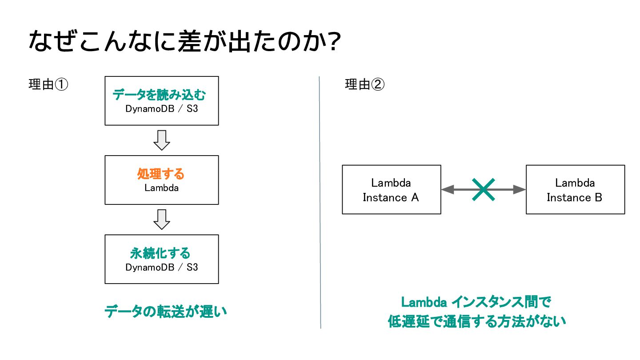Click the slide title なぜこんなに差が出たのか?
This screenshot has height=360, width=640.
click(184, 41)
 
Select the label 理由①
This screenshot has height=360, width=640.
click(48, 84)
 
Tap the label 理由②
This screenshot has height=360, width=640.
click(364, 84)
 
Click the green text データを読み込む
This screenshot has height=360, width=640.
click(159, 95)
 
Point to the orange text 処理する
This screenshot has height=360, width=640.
click(161, 174)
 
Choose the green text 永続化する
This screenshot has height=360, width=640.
click(160, 253)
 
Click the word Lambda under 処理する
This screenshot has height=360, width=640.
click(161, 188)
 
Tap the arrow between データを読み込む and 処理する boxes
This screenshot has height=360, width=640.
click(162, 140)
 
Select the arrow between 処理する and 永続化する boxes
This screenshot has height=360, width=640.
click(162, 220)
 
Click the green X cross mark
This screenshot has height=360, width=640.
click(484, 189)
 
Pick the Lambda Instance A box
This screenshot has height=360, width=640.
click(392, 189)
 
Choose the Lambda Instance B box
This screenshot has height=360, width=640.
click(576, 189)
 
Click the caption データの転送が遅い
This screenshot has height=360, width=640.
click(166, 312)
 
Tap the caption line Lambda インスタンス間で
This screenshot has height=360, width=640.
click(476, 302)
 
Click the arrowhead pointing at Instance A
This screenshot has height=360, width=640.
click(448, 189)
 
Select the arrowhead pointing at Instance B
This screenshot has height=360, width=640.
click(520, 189)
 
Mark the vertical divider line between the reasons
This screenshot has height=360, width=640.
click(320, 202)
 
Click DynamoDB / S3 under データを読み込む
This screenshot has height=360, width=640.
click(162, 109)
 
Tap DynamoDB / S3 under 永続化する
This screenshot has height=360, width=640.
click(162, 268)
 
